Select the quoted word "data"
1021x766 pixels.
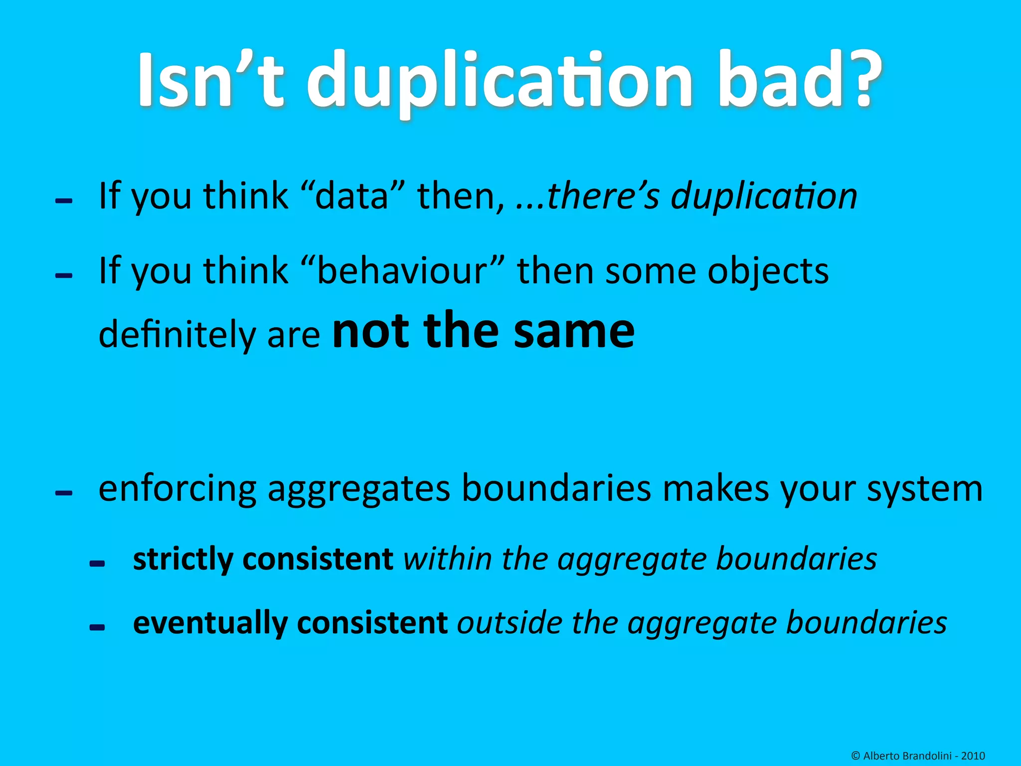pyautogui.click(x=351, y=195)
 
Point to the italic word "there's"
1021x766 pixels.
pyautogui.click(x=603, y=195)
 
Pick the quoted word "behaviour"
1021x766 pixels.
pyautogui.click(x=402, y=271)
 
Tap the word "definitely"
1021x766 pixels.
pyautogui.click(x=176, y=334)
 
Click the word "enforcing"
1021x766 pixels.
pyautogui.click(x=177, y=489)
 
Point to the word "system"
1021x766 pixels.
pyautogui.click(x=925, y=489)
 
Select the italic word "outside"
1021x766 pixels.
pyautogui.click(x=509, y=623)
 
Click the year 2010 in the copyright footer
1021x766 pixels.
pyautogui.click(x=973, y=756)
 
